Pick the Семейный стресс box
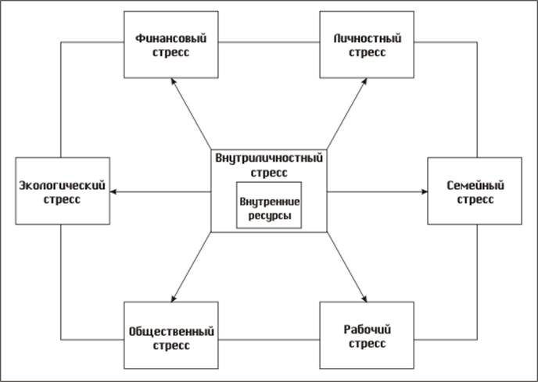point(474,191)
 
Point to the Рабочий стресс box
point(365,336)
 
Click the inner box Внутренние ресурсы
point(269,207)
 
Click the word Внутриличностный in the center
point(269,157)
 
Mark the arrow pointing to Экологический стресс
point(160,191)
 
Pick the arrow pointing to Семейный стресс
point(376,191)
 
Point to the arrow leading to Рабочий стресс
point(346,268)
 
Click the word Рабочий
point(365,329)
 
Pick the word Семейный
point(474,185)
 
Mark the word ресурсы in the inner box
point(269,214)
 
